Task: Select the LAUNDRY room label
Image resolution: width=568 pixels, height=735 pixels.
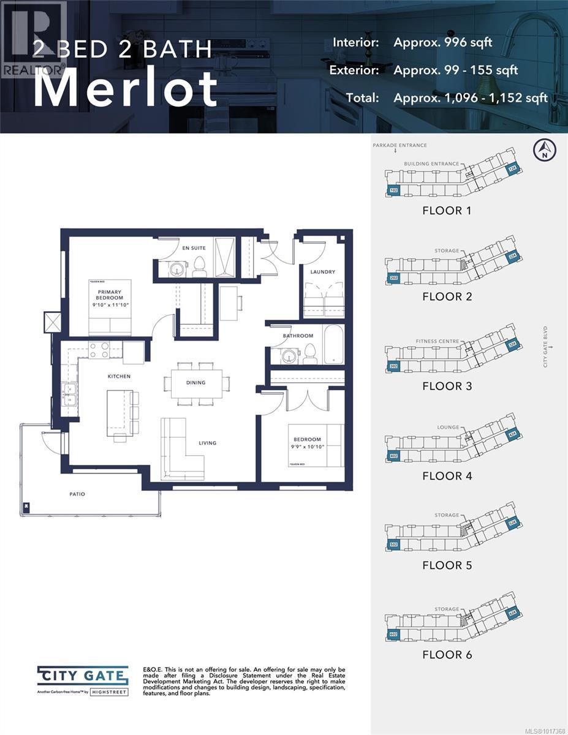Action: (x=322, y=272)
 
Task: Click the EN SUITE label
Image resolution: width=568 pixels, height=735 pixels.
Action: (x=194, y=248)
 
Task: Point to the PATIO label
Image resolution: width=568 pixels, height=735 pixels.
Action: (x=77, y=494)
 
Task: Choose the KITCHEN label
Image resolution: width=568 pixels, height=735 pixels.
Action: (x=119, y=376)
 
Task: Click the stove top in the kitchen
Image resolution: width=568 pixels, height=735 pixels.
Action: (x=99, y=350)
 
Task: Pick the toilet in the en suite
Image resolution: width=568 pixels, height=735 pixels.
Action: (x=200, y=265)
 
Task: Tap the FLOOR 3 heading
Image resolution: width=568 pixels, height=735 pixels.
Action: (x=447, y=386)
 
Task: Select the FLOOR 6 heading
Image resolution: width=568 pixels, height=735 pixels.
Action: (x=447, y=655)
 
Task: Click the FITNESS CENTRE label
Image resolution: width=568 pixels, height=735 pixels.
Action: (x=437, y=341)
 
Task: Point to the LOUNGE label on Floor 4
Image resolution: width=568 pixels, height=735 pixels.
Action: (x=449, y=428)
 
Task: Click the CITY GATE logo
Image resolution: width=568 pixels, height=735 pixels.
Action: (x=83, y=676)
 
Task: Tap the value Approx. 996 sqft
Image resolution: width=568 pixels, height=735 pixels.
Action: (x=442, y=42)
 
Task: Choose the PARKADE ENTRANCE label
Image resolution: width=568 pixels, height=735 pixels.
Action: (x=399, y=145)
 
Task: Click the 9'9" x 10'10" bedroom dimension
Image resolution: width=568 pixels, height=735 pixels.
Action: (x=307, y=447)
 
